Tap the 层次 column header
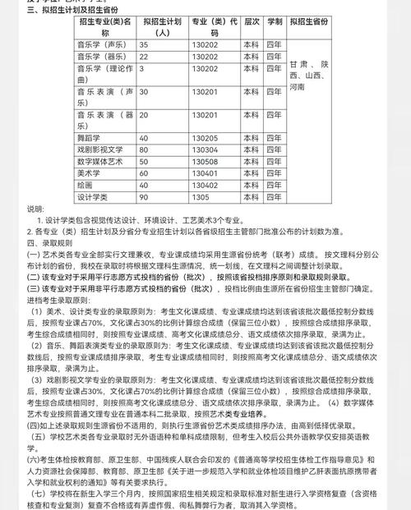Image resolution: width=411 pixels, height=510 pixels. pos(251,21)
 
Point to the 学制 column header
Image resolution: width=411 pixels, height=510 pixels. pos(274,21)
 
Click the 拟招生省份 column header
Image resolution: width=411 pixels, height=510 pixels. pos(308,21)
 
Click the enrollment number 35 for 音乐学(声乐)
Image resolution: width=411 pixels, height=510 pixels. pos(144,44)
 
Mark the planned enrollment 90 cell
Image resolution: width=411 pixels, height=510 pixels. pos(144,197)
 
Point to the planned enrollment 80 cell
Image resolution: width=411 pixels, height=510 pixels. pos(144,150)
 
